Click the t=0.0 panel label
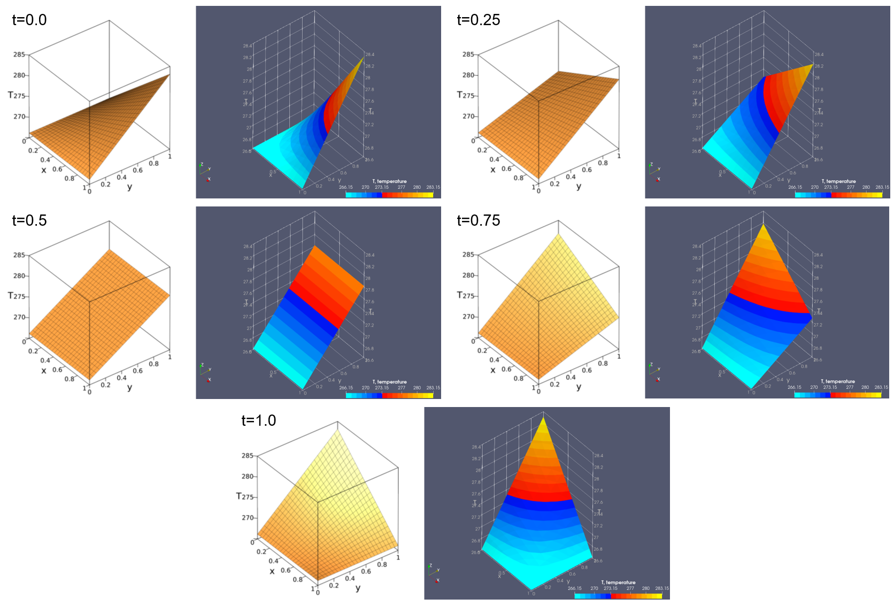tap(29, 20)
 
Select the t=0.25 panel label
tap(479, 20)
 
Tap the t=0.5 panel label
tap(29, 220)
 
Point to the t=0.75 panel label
tap(479, 220)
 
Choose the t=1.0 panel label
tap(259, 420)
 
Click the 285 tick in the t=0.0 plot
tap(19, 55)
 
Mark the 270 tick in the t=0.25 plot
tap(468, 116)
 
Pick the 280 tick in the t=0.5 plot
tap(19, 276)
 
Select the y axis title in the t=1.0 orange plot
tap(358, 588)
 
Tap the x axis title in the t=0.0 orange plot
tap(44, 170)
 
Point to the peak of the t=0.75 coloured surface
tap(764, 226)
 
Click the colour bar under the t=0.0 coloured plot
tap(389, 195)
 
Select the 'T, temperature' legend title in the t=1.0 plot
tap(618, 582)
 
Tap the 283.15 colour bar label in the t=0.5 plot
tap(433, 388)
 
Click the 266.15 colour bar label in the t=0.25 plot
tap(795, 187)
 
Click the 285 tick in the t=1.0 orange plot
tap(248, 456)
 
